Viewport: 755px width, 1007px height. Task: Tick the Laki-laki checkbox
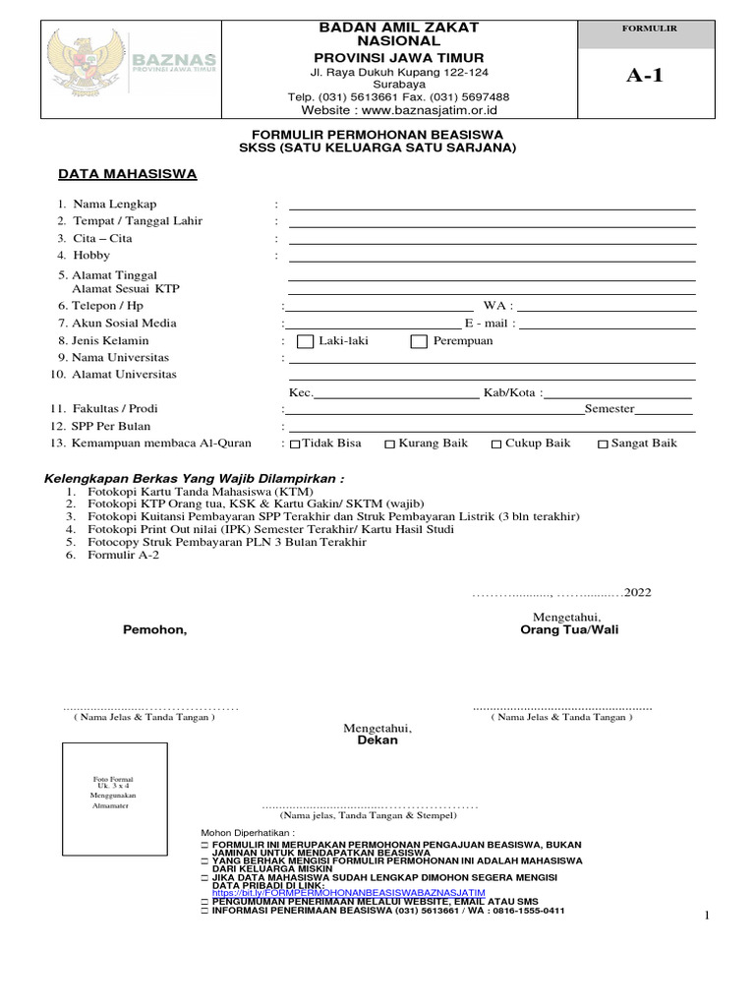tap(303, 341)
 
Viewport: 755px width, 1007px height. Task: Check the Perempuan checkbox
tap(419, 341)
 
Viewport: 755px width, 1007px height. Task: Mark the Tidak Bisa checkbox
tap(296, 444)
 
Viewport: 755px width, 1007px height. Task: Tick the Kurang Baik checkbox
tap(390, 444)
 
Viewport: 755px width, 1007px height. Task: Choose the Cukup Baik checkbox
tap(496, 444)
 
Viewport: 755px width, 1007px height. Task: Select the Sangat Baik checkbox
tap(603, 444)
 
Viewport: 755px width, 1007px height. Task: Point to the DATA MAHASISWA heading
tap(128, 174)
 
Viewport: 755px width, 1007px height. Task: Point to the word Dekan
tap(377, 740)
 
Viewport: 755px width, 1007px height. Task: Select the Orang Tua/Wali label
tap(569, 629)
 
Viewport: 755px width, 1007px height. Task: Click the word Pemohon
tap(154, 629)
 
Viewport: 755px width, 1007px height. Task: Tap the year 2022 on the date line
tap(637, 592)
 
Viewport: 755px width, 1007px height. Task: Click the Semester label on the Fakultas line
tap(610, 409)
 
